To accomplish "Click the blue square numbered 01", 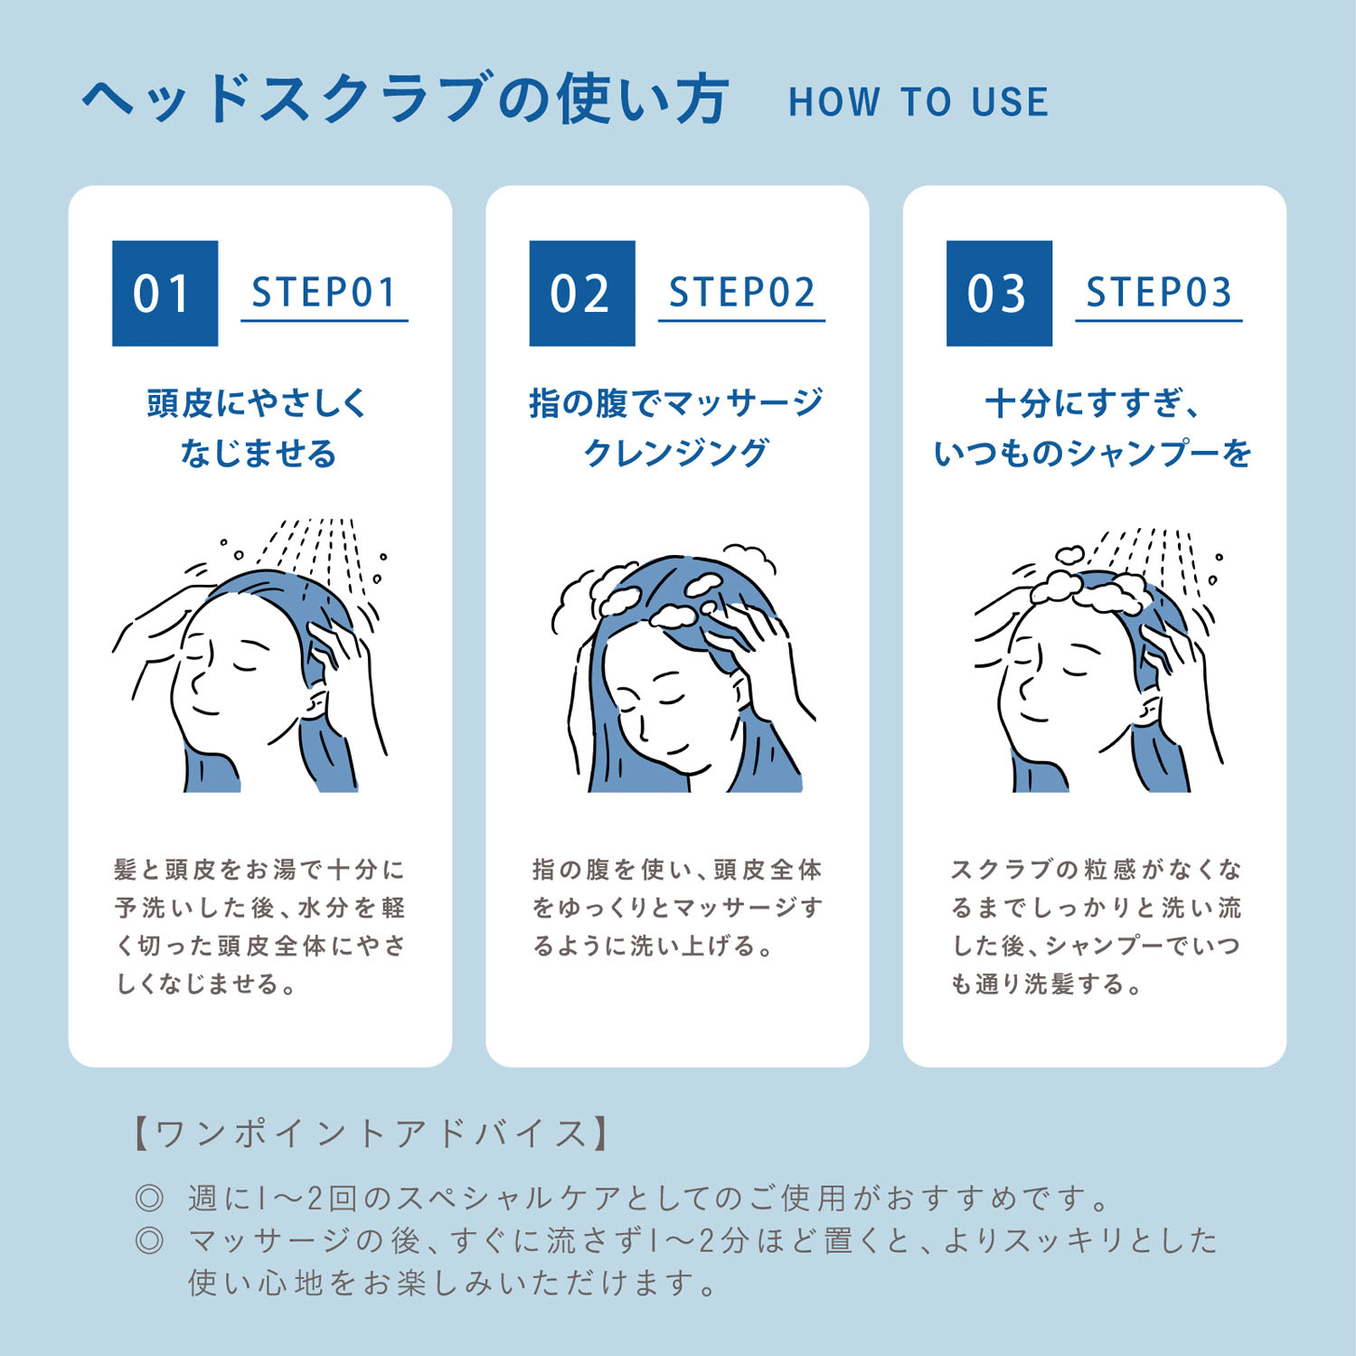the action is (x=165, y=293).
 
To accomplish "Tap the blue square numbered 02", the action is (x=582, y=293).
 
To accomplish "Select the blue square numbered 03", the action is (x=999, y=293).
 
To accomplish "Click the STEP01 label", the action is (x=325, y=292).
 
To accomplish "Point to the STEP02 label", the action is (x=742, y=292).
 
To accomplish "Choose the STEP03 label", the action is (x=1159, y=292).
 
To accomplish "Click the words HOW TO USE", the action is (x=918, y=102).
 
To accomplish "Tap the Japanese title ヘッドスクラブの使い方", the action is (x=405, y=98).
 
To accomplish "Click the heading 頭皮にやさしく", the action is (x=258, y=403).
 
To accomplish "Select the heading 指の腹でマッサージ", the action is (x=676, y=403).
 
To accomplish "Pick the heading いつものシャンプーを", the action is (x=1093, y=453).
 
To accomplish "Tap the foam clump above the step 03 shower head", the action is (x=1069, y=554).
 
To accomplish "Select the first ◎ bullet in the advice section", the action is (x=149, y=1199).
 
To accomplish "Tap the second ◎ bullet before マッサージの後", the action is (x=149, y=1239).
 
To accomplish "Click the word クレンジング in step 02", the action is (x=676, y=453).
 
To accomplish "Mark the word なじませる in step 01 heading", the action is (x=259, y=453).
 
